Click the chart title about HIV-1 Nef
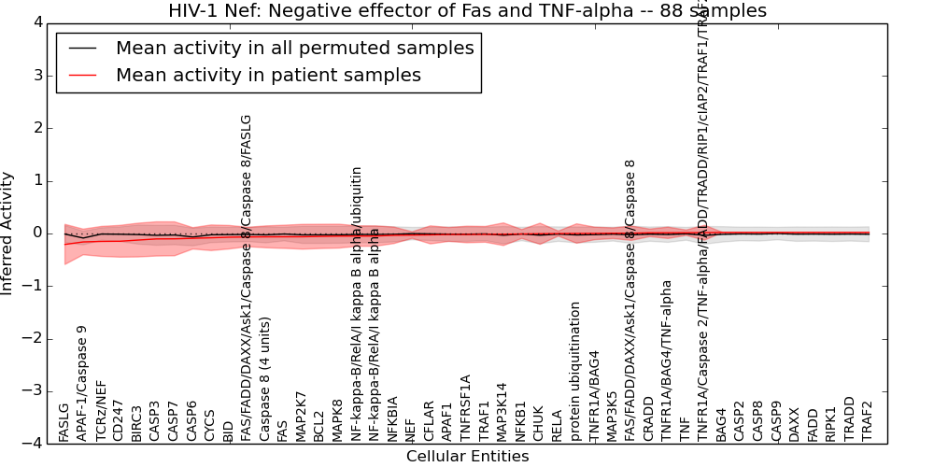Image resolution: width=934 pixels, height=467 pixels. (x=467, y=11)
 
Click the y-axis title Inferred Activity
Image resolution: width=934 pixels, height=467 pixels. (x=8, y=233)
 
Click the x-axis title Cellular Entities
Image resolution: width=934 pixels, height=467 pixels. (x=467, y=457)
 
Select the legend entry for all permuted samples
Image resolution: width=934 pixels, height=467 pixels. (x=294, y=49)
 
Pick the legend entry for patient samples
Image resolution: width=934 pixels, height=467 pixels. (x=268, y=76)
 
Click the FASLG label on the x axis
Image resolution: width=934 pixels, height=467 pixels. (x=64, y=422)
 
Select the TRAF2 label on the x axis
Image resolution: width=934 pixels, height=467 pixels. (x=868, y=420)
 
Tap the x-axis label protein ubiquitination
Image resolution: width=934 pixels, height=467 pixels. (x=575, y=372)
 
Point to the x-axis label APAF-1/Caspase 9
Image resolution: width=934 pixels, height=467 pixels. (x=82, y=383)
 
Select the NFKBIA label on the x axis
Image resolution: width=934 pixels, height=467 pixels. (x=392, y=418)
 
